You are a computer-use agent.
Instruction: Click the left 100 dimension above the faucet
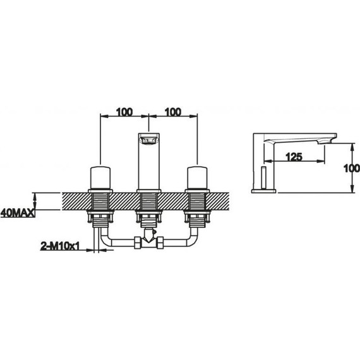click(x=124, y=112)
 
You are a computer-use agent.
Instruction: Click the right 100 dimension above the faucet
click(x=173, y=112)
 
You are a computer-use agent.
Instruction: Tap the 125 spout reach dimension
click(x=294, y=157)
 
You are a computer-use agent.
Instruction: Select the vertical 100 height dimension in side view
click(x=352, y=169)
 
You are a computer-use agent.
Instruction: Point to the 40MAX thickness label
click(x=18, y=213)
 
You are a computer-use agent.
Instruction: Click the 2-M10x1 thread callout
click(x=60, y=246)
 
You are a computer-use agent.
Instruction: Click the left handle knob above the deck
click(x=100, y=177)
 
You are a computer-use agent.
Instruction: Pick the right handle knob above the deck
click(x=198, y=177)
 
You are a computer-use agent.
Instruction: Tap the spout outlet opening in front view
click(x=149, y=140)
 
